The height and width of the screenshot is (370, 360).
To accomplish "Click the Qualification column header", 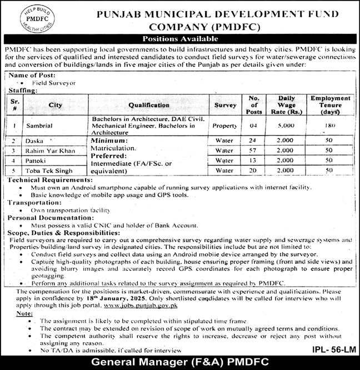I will click(148, 104).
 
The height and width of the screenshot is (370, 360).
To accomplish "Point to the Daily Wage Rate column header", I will click(286, 104).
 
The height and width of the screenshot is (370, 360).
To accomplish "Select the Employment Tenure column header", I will click(330, 104).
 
